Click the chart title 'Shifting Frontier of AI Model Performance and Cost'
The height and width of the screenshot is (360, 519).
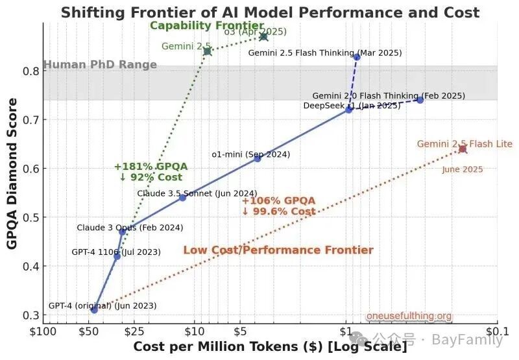(x=270, y=12)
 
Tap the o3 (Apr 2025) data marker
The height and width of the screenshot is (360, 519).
(x=263, y=37)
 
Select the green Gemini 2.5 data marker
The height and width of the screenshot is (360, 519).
(x=208, y=51)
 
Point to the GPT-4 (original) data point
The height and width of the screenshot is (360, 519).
(x=94, y=310)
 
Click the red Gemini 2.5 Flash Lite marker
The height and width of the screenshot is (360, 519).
(x=463, y=149)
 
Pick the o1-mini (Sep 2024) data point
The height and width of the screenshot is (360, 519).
(x=257, y=158)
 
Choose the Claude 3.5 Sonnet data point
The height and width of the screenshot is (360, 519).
(x=182, y=197)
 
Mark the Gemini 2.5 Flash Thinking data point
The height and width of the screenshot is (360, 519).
(x=357, y=57)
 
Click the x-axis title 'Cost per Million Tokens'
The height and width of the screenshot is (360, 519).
(x=270, y=347)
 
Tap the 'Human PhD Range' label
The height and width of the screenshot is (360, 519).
(x=100, y=65)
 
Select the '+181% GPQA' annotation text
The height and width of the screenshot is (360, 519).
(x=151, y=167)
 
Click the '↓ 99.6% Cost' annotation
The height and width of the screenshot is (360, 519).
(x=279, y=211)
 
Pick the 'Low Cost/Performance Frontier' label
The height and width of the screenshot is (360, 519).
(x=278, y=250)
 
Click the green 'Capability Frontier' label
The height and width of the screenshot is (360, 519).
(x=207, y=26)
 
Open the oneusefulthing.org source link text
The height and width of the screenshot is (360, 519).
(x=409, y=317)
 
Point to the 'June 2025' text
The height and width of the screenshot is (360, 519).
(x=463, y=170)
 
